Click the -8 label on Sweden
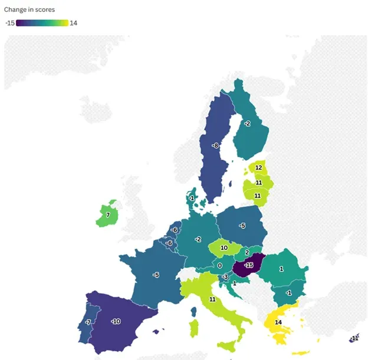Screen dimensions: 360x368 pyautogui.click(x=216, y=146)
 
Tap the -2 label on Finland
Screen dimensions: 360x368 pyautogui.click(x=247, y=124)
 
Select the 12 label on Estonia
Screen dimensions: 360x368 pyautogui.click(x=258, y=168)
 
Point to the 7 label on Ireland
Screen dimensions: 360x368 pyautogui.click(x=108, y=215)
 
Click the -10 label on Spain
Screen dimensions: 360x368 pyautogui.click(x=116, y=321)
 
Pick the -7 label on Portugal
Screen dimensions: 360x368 pyautogui.click(x=87, y=322)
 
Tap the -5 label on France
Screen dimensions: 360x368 pyautogui.click(x=156, y=275)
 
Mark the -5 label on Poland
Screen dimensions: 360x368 pyautogui.click(x=242, y=226)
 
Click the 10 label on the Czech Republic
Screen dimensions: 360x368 pyautogui.click(x=224, y=248)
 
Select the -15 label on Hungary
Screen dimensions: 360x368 pyautogui.click(x=248, y=266)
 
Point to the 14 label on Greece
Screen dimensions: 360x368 pyautogui.click(x=278, y=322)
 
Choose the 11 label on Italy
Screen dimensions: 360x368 pyautogui.click(x=212, y=299)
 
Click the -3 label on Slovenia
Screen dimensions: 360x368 pyautogui.click(x=225, y=277)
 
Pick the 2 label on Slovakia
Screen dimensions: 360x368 pyautogui.click(x=247, y=252)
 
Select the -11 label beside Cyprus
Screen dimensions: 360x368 pyautogui.click(x=354, y=338)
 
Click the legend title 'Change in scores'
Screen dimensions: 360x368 pyautogui.click(x=29, y=10)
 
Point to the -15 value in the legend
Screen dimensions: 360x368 pyautogui.click(x=9, y=23)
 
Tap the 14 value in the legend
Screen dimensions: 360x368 pyautogui.click(x=73, y=23)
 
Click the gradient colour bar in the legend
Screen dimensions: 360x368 pyautogui.click(x=42, y=23)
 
